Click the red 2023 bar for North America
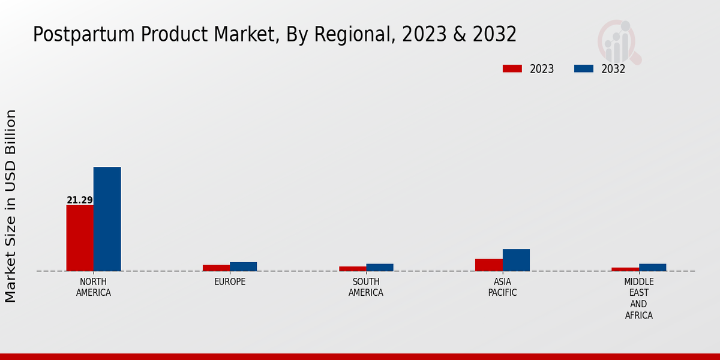[80, 238]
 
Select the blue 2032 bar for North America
[107, 219]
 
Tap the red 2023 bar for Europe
[216, 268]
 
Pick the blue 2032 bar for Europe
[243, 266]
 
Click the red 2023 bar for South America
[352, 268]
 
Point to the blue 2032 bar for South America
[380, 267]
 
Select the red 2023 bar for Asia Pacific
[488, 265]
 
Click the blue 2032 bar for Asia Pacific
[516, 260]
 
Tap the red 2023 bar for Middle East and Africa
[625, 269]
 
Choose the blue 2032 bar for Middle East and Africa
[652, 267]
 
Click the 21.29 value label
[80, 200]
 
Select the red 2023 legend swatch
[512, 68]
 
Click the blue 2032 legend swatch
[583, 68]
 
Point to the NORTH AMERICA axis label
[94, 287]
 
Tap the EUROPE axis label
[230, 282]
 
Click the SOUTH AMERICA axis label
[366, 287]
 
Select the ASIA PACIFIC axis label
[502, 287]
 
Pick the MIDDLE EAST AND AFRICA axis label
[639, 298]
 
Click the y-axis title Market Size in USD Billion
[11, 206]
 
